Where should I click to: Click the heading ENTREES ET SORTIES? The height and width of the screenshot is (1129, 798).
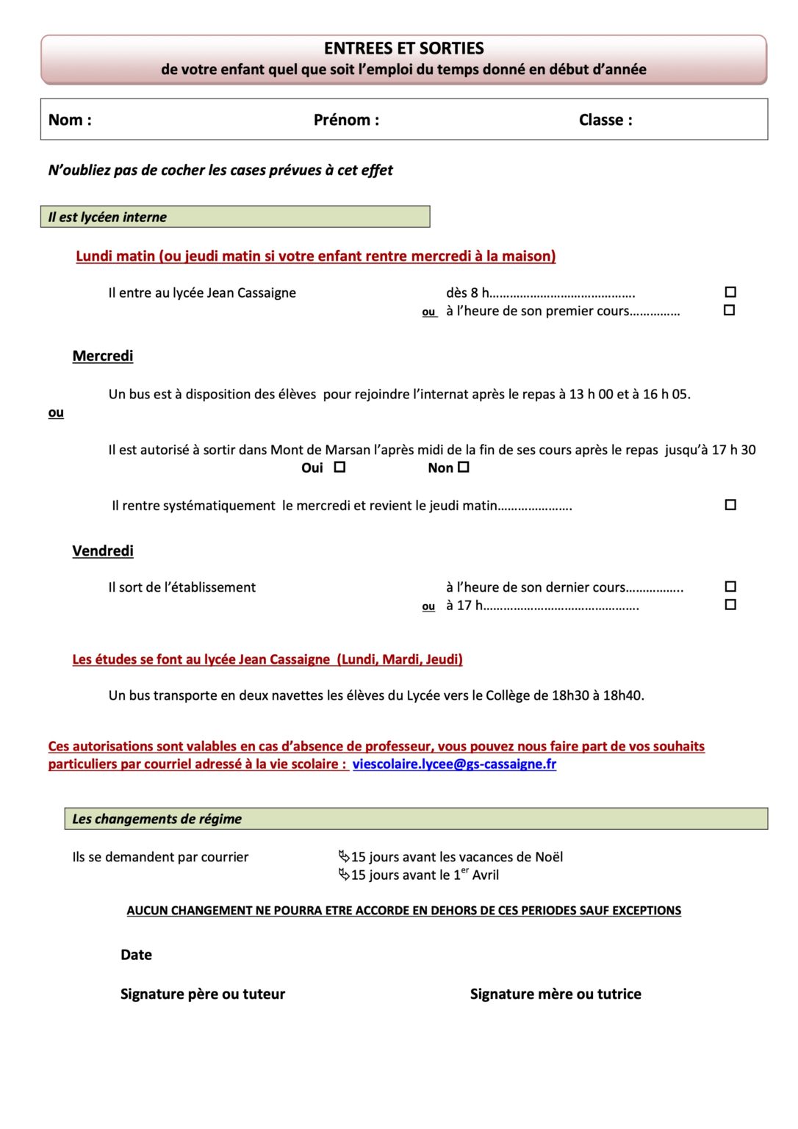[x=403, y=49]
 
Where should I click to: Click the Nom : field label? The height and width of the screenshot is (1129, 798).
[x=70, y=120]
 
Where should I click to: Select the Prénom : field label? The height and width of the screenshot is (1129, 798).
[x=346, y=120]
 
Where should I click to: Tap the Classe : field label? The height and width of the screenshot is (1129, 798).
[x=605, y=120]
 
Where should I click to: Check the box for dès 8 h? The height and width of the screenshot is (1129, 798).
[x=730, y=292]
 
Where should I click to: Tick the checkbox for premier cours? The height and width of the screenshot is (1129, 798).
[x=729, y=310]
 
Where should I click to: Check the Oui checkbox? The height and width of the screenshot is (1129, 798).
[x=339, y=467]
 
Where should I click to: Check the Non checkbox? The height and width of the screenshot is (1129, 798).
[x=464, y=467]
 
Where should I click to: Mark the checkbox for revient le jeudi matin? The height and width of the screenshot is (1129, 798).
[x=730, y=505]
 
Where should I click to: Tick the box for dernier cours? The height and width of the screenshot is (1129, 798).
[x=730, y=587]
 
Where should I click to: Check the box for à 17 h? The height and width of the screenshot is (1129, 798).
[x=730, y=605]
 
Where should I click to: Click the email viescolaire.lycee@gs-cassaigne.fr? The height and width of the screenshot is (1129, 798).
[x=454, y=764]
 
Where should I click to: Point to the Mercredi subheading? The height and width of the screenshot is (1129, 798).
[x=103, y=356]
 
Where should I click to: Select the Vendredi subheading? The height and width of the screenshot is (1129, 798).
[x=103, y=551]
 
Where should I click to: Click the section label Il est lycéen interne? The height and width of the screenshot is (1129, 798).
[x=107, y=218]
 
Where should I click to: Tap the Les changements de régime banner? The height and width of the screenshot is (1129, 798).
[x=157, y=819]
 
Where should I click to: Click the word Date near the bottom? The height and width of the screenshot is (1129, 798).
[x=136, y=955]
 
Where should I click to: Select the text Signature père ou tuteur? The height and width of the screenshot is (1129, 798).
[x=203, y=994]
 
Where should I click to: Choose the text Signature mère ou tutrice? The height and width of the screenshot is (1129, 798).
[x=556, y=994]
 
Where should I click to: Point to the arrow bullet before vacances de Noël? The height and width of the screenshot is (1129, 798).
[x=343, y=856]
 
